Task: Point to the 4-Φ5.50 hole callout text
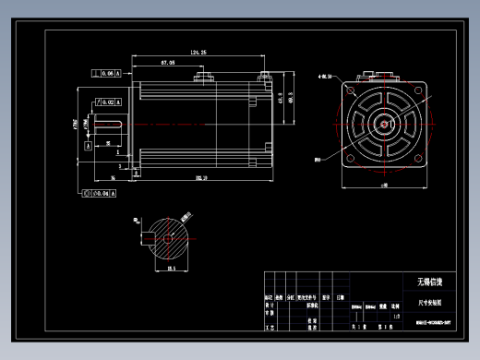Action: pos(325,78)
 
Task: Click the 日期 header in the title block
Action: pos(341,297)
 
